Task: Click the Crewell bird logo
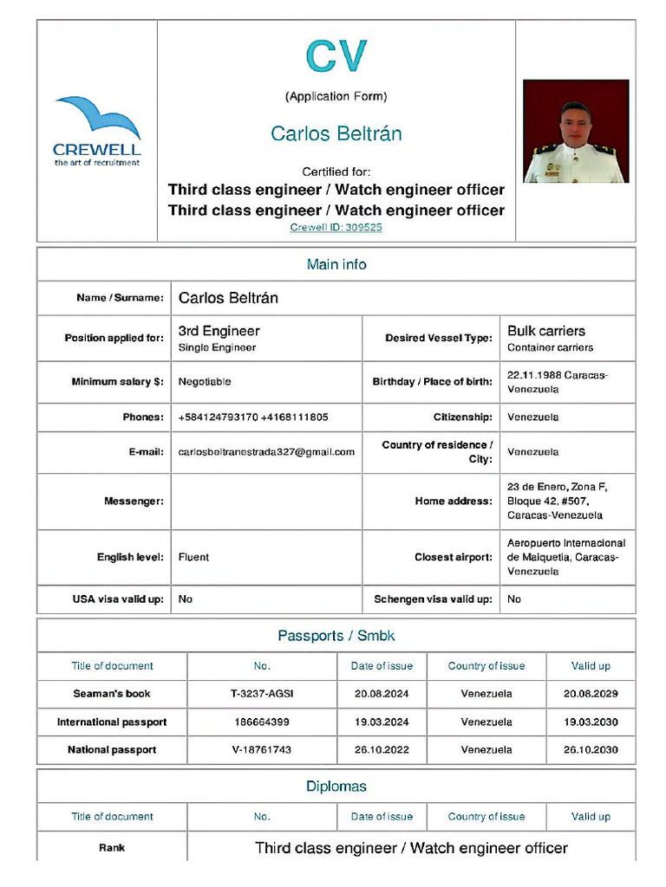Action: [96, 130]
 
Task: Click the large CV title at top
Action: [336, 56]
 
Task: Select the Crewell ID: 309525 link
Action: [336, 228]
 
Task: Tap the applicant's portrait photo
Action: [576, 132]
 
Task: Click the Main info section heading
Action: [336, 264]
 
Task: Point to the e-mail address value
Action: [266, 452]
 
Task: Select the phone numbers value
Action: [252, 418]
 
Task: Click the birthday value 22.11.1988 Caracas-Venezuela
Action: [557, 382]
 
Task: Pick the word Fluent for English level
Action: [193, 557]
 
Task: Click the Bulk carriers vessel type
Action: [546, 331]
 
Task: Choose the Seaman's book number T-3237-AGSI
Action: [262, 694]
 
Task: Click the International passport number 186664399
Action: [262, 722]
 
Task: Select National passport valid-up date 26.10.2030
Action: [591, 750]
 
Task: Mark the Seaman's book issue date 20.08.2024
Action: [382, 694]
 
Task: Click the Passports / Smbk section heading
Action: [336, 636]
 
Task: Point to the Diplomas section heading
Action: [336, 787]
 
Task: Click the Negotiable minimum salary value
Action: [205, 382]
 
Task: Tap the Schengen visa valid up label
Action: [433, 599]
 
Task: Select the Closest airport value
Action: [565, 557]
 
